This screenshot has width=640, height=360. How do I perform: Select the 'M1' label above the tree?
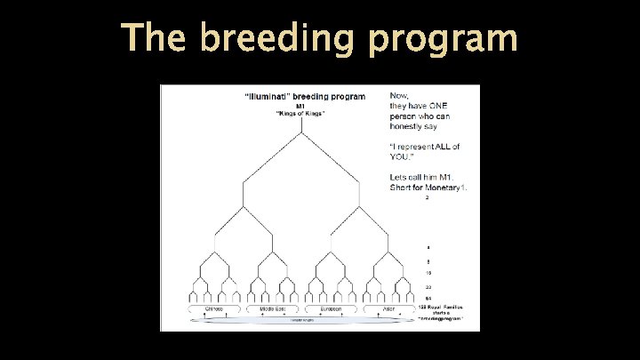coord(300,107)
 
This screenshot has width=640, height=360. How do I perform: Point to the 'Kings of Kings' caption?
coord(301,114)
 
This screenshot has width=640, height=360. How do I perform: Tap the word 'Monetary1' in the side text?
coord(444,187)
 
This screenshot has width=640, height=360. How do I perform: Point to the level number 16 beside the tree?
coord(428,274)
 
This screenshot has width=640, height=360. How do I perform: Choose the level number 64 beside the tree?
coord(428,298)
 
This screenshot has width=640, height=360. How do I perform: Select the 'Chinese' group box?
coord(214,308)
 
